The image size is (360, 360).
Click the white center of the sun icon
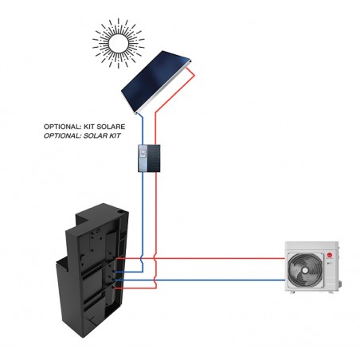119,43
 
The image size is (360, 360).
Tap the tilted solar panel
157,82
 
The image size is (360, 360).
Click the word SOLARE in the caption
111,127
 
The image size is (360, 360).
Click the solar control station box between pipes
149,158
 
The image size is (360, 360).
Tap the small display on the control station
143,153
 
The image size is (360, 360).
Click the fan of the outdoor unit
305,270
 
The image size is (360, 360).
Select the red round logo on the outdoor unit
330,256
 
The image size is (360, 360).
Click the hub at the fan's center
305,270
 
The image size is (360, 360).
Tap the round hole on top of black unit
121,212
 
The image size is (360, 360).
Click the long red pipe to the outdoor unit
201,258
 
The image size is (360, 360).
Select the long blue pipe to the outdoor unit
201,280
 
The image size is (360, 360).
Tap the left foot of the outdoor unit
292,292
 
